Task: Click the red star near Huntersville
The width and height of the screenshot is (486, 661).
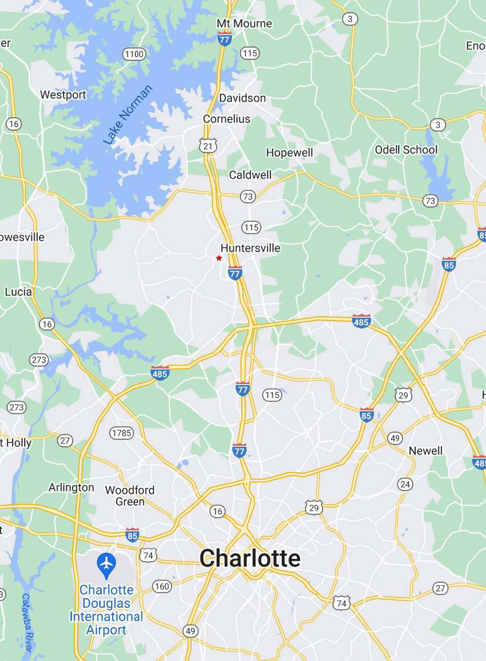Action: (219, 258)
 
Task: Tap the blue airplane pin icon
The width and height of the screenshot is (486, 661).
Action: (106, 564)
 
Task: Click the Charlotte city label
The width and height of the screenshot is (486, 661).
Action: (250, 558)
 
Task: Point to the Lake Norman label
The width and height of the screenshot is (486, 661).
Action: (128, 115)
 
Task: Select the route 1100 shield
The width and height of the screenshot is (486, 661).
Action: (134, 54)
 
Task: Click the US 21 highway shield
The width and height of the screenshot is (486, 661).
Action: (208, 146)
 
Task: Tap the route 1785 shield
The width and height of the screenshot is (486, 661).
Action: (122, 433)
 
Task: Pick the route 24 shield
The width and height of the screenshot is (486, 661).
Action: (405, 485)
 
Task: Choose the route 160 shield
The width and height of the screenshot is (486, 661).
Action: (162, 587)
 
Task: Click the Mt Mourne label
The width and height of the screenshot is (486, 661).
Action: (244, 23)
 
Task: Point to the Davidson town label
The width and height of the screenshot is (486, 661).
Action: (242, 98)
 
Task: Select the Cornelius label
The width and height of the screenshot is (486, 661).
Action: (226, 119)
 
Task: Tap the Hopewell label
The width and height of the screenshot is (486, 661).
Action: (289, 153)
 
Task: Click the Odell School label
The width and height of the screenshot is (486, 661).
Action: (406, 150)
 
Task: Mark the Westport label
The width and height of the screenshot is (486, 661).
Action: (63, 95)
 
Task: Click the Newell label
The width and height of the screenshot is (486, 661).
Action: (425, 451)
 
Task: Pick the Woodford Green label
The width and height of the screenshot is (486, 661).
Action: (130, 496)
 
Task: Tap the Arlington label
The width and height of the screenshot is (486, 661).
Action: (71, 487)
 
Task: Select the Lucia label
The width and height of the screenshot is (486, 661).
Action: (18, 292)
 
